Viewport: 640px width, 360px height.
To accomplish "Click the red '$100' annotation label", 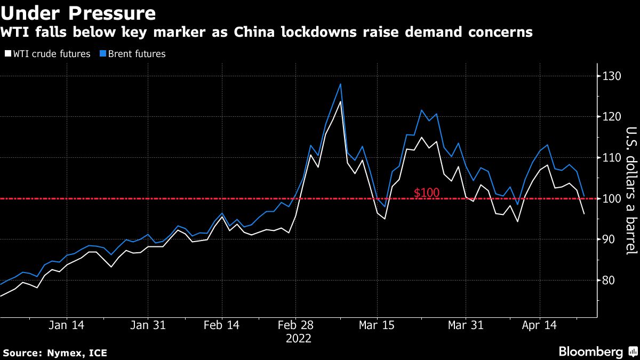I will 427,193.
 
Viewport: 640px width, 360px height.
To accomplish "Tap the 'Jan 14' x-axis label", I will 67,325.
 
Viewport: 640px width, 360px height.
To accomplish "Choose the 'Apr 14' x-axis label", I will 539,325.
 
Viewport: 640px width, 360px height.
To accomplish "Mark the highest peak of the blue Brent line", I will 340,84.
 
